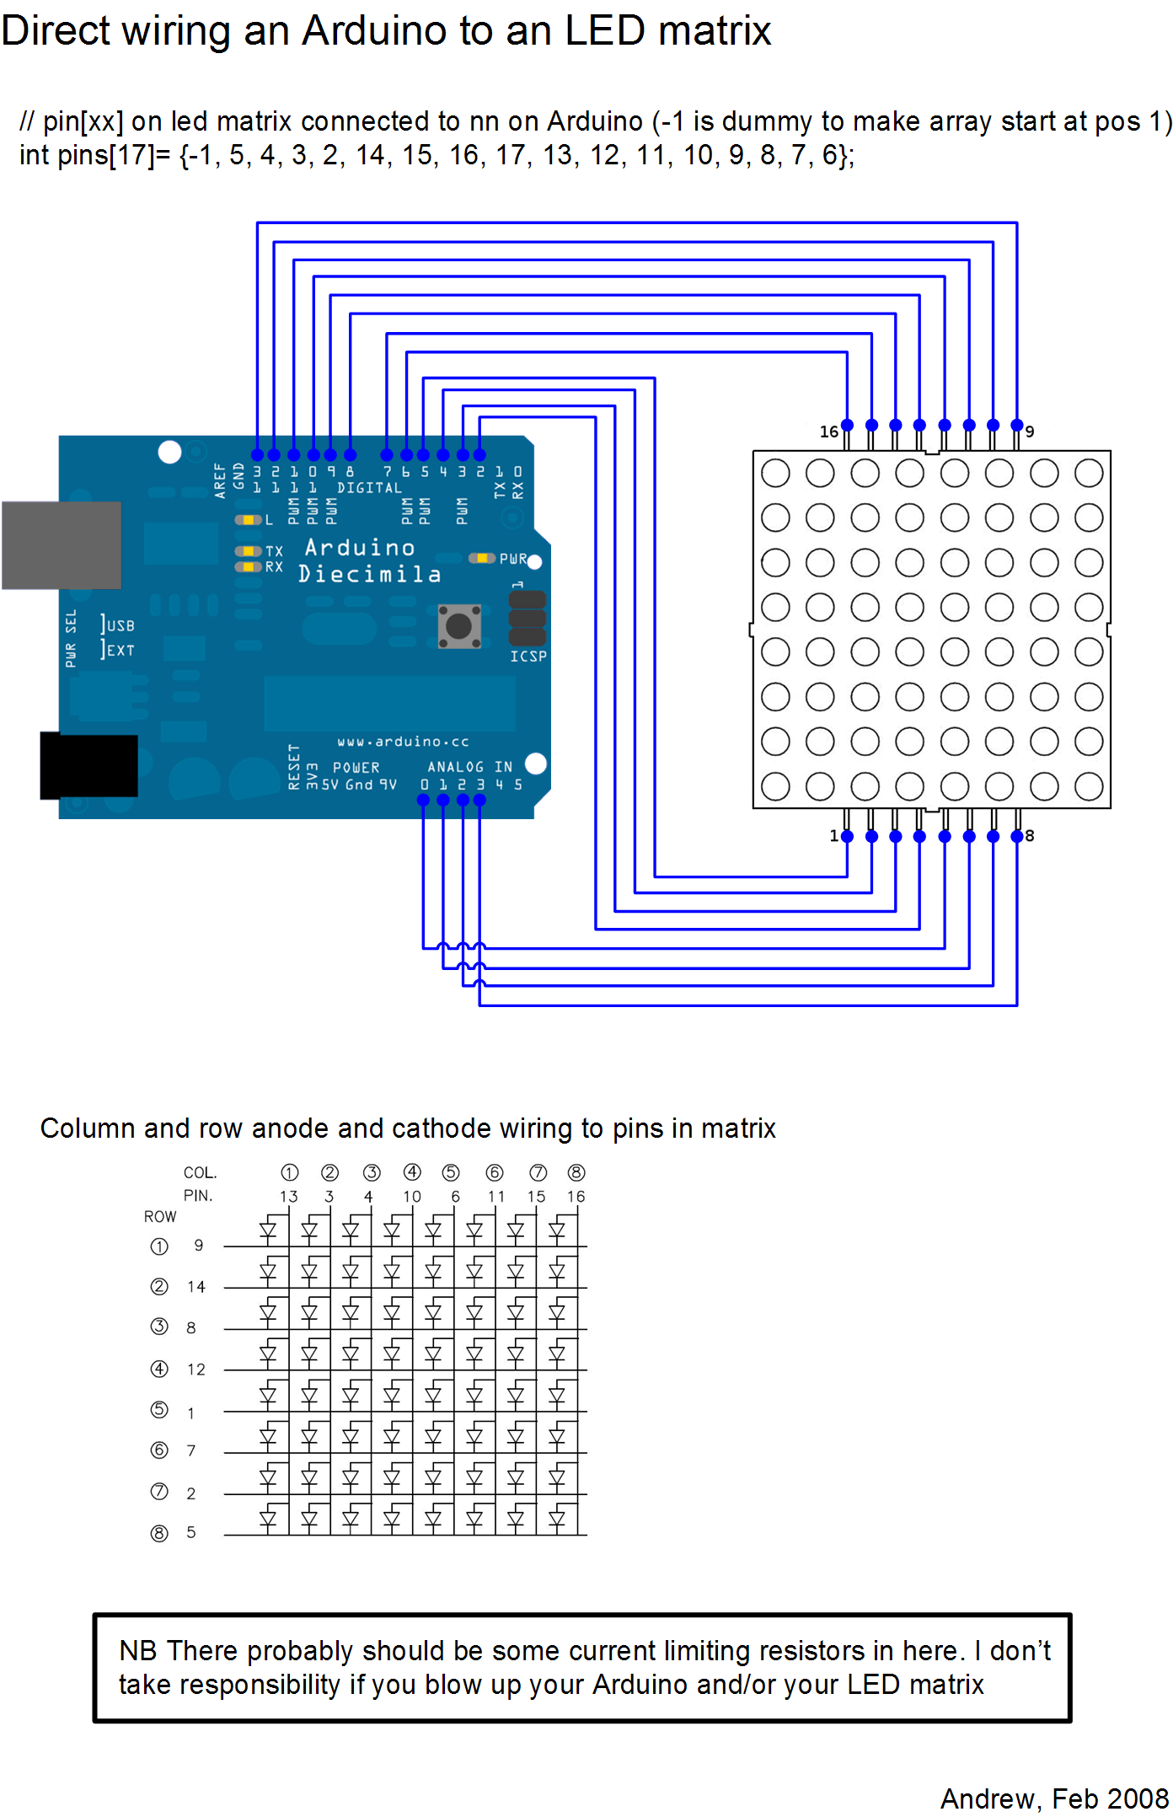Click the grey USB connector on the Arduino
tap(62, 545)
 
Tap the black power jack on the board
tap(89, 765)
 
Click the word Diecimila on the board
tap(369, 575)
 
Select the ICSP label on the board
tap(528, 656)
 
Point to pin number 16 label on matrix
tap(828, 431)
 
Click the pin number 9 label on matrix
tap(1030, 431)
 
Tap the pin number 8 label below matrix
tap(1030, 836)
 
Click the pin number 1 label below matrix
tap(833, 836)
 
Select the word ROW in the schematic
tap(160, 1217)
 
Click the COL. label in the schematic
tap(200, 1173)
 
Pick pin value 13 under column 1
tap(289, 1197)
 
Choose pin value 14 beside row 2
tap(196, 1287)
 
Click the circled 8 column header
tap(576, 1173)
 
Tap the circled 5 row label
tap(159, 1410)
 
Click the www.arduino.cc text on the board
tap(403, 742)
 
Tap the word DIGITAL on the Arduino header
tap(369, 488)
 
